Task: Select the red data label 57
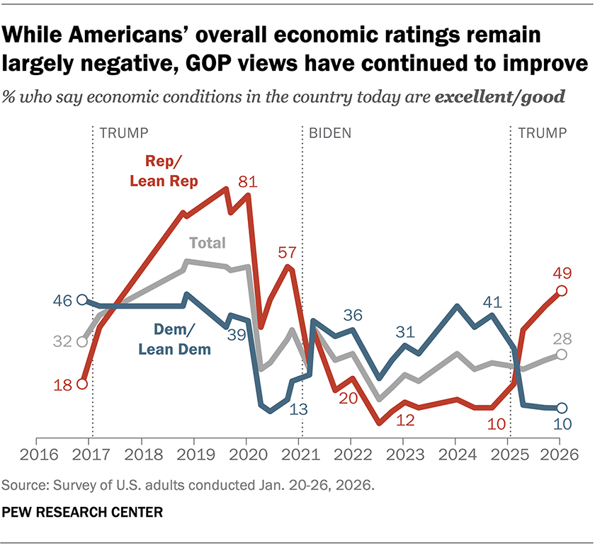click(289, 252)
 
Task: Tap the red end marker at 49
click(561, 290)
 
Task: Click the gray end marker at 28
click(561, 354)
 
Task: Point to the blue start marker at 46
click(82, 300)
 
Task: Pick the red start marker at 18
click(82, 384)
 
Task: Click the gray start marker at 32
click(82, 342)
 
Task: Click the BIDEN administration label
click(330, 132)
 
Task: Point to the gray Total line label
click(207, 243)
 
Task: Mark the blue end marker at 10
click(561, 408)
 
